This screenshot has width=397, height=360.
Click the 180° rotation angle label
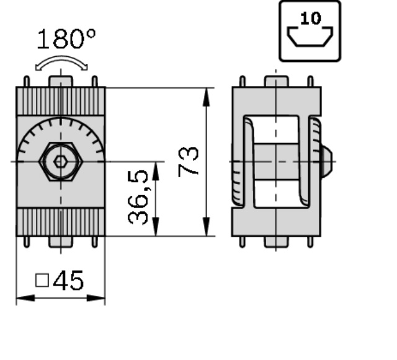tap(66, 38)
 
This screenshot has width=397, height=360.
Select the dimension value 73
tap(188, 162)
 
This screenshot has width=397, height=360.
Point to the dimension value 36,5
tap(138, 197)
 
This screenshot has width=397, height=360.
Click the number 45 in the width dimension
tap(68, 280)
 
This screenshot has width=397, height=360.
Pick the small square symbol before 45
tap(42, 280)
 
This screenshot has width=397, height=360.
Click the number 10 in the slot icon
tap(311, 18)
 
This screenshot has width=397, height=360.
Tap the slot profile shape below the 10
tap(310, 37)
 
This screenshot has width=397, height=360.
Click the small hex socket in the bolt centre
tap(61, 161)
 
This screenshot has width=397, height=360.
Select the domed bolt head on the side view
tap(327, 161)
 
